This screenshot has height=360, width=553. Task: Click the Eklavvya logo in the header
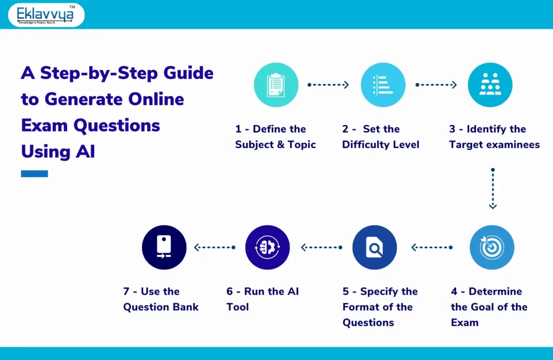pyautogui.click(x=46, y=15)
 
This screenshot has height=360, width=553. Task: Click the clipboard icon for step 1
pyautogui.click(x=276, y=85)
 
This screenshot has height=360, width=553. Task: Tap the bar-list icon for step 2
pyautogui.click(x=383, y=85)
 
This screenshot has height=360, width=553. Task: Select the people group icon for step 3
pyautogui.click(x=490, y=85)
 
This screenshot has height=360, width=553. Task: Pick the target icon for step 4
pyautogui.click(x=492, y=247)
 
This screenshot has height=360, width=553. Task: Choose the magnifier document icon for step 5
pyautogui.click(x=374, y=247)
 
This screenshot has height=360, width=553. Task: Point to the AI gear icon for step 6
pyautogui.click(x=267, y=247)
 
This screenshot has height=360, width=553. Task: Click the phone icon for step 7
pyautogui.click(x=164, y=247)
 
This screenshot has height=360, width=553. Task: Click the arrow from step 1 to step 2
pyautogui.click(x=328, y=85)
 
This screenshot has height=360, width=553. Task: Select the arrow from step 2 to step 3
pyautogui.click(x=436, y=85)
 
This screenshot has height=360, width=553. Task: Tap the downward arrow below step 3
pyautogui.click(x=493, y=188)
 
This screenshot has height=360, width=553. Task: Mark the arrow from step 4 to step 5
pyautogui.click(x=432, y=247)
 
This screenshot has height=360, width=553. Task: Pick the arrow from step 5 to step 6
pyautogui.click(x=321, y=247)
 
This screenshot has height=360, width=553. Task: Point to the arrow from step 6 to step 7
pyautogui.click(x=215, y=247)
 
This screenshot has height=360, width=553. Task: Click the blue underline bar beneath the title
pyautogui.click(x=35, y=174)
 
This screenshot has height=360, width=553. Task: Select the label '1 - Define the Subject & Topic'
pyautogui.click(x=275, y=137)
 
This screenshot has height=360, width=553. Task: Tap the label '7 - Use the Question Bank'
pyautogui.click(x=161, y=299)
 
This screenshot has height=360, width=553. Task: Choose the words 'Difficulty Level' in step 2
pyautogui.click(x=381, y=145)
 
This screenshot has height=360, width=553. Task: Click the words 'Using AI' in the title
pyautogui.click(x=58, y=152)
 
